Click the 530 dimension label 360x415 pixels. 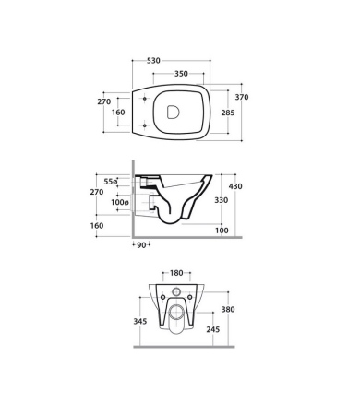click(x=153, y=61)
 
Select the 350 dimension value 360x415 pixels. click(x=181, y=74)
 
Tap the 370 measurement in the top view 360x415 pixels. click(x=242, y=97)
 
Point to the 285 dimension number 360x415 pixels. click(x=228, y=113)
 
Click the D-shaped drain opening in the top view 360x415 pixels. click(x=173, y=112)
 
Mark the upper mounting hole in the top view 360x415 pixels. click(x=145, y=99)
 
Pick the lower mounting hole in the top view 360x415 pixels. click(x=145, y=125)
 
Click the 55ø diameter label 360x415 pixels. click(x=111, y=182)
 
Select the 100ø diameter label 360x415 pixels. click(x=120, y=202)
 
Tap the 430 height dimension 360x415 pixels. click(x=235, y=186)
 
